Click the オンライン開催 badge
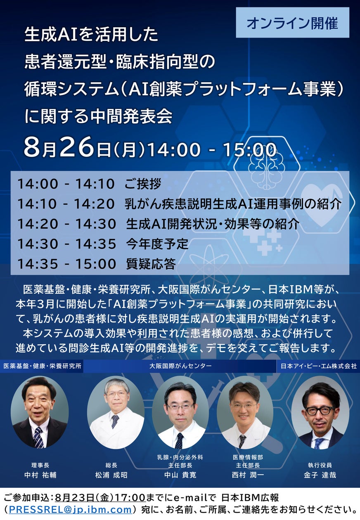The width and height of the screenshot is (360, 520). [292, 23]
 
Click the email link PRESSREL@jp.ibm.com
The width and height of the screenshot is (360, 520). [70, 510]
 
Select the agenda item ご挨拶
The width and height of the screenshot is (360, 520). [142, 184]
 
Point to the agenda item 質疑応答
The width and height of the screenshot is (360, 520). [151, 264]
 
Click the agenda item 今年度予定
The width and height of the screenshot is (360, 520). [157, 244]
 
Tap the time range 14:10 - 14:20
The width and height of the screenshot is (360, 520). [66, 204]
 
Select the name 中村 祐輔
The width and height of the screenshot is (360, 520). [40, 475]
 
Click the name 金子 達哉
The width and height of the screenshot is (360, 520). [320, 475]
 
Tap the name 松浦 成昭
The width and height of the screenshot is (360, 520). [111, 475]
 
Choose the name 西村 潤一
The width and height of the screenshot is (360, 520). [248, 475]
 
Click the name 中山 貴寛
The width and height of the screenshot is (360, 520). [180, 475]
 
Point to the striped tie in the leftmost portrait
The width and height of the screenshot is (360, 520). [38, 437]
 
